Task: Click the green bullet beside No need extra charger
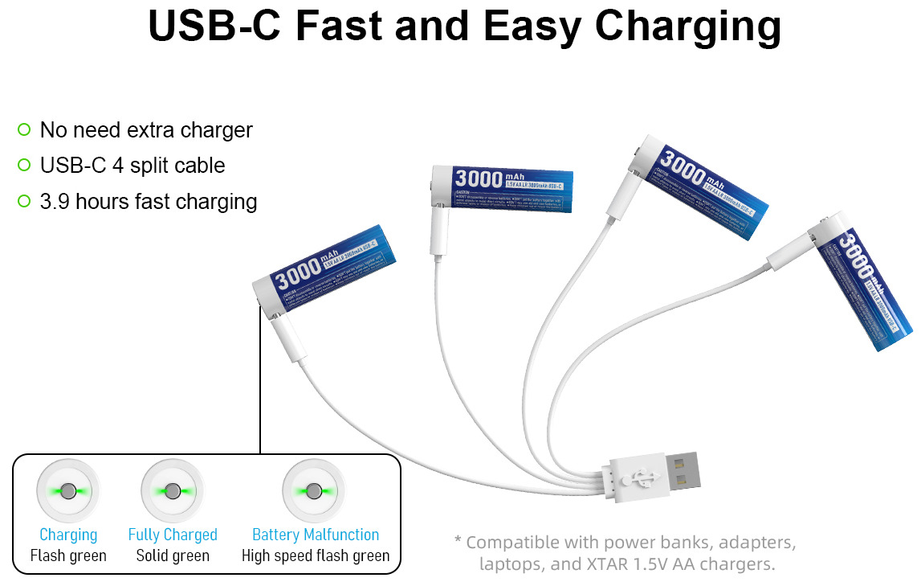click(24, 129)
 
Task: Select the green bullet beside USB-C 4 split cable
click(24, 165)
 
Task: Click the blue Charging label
click(68, 535)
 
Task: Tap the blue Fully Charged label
click(173, 535)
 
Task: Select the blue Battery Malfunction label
click(316, 535)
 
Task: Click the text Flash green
click(68, 555)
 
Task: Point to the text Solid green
click(173, 555)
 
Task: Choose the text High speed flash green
click(316, 555)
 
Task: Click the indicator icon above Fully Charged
click(173, 490)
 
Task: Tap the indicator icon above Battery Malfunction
click(314, 490)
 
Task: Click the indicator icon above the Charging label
click(68, 490)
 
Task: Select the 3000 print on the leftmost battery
click(297, 276)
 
